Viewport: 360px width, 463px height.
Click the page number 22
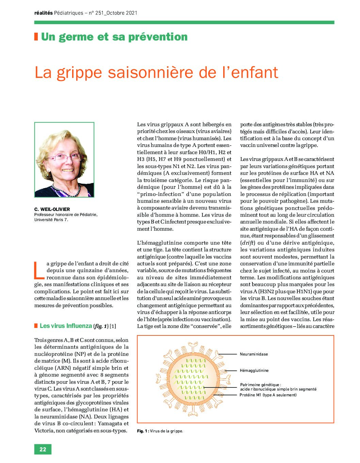click(43, 449)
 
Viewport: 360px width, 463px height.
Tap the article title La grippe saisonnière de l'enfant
click(157, 72)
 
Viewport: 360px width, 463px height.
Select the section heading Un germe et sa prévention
click(114, 37)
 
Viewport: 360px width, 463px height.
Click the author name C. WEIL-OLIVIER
click(52, 209)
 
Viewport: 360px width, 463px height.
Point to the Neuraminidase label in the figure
click(253, 354)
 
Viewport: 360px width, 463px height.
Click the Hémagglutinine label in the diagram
click(254, 370)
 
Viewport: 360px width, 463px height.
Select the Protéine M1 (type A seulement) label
click(268, 395)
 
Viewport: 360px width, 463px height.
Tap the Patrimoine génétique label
click(261, 385)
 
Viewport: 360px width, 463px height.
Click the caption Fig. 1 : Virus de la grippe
click(160, 431)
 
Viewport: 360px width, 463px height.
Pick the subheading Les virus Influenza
click(66, 326)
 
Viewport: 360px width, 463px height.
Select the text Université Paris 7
click(51, 220)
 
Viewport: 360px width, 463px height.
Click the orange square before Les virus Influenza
click(36, 326)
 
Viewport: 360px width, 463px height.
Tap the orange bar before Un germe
click(36, 37)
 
